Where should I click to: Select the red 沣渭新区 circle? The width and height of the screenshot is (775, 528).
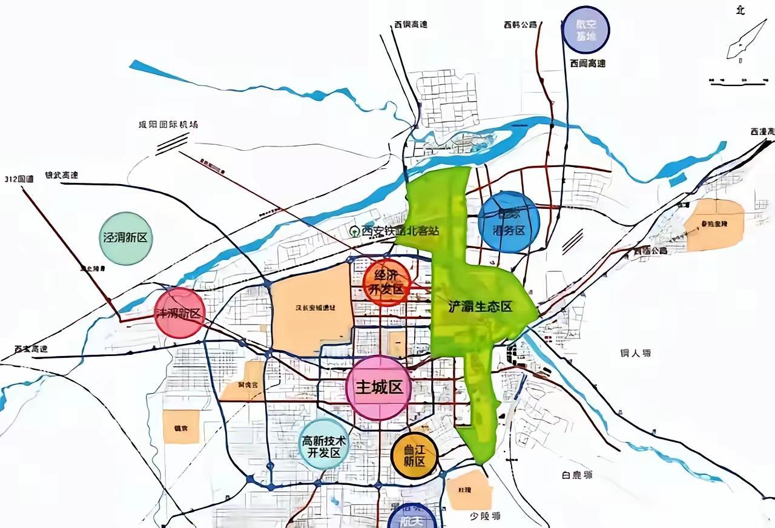[x=180, y=313]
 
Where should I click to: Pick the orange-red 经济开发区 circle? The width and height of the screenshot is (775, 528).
[x=387, y=283]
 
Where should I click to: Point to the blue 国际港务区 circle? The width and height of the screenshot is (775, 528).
[x=509, y=222]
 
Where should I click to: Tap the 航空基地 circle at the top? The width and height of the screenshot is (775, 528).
[x=585, y=30]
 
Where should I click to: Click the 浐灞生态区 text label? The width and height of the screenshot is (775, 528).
[x=480, y=306]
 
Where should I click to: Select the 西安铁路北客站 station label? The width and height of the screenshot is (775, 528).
[x=395, y=231]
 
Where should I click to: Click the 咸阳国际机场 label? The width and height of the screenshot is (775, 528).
[x=168, y=124]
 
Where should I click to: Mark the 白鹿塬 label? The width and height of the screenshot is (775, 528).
[x=576, y=475]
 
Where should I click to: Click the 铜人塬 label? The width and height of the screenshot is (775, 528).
[x=636, y=352]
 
